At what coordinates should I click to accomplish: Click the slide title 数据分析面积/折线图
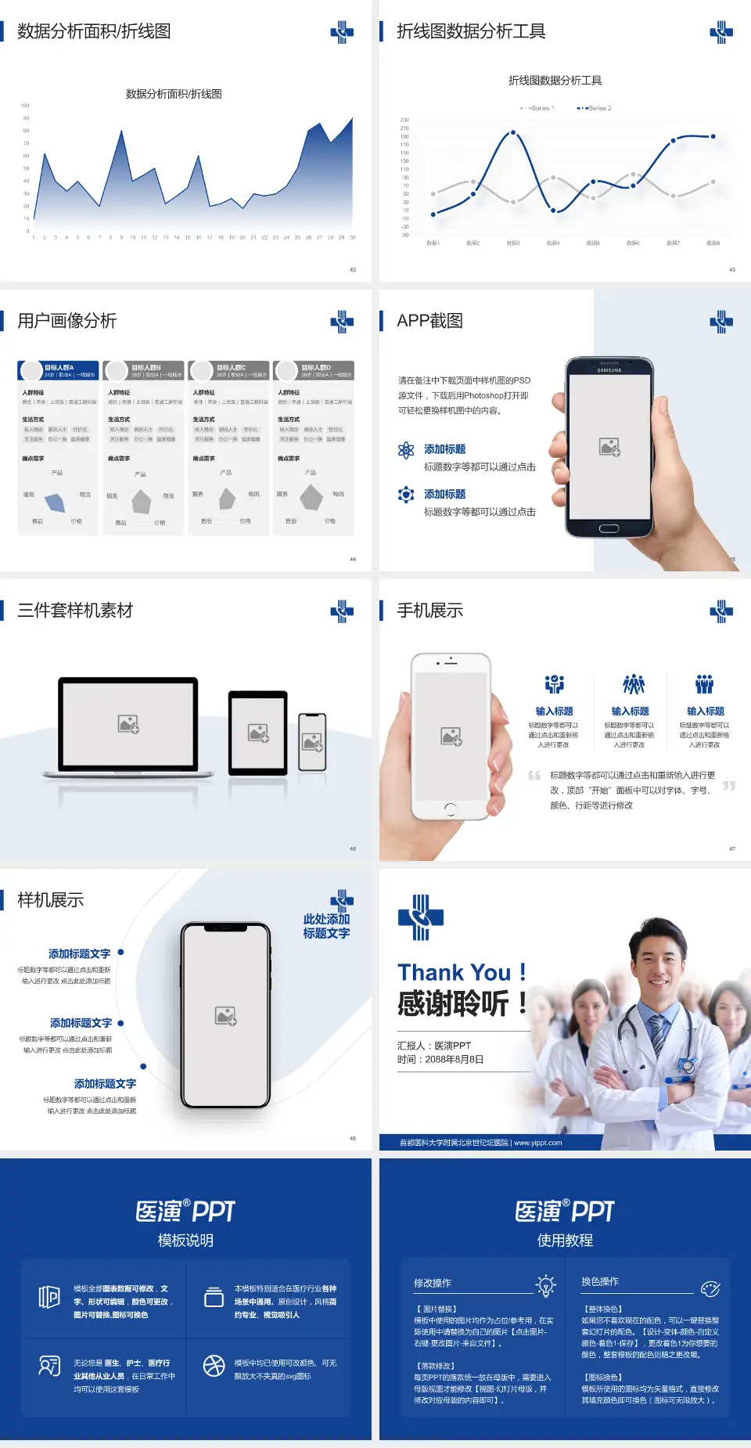[x=94, y=31]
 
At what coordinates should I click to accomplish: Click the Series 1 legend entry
[x=537, y=108]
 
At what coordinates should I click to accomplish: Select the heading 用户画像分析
[x=67, y=321]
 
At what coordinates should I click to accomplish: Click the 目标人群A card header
[x=59, y=370]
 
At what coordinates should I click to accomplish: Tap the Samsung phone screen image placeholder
[x=609, y=447]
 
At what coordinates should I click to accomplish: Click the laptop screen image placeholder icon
[x=128, y=724]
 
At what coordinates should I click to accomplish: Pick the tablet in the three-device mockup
[x=258, y=733]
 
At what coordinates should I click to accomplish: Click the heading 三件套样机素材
[x=75, y=611]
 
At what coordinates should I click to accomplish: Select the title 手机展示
[x=429, y=611]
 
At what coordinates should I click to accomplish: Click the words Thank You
[x=454, y=973]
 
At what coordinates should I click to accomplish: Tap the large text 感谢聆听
[x=454, y=1003]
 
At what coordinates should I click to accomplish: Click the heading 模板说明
[x=185, y=1241]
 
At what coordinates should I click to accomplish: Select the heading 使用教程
[x=565, y=1241]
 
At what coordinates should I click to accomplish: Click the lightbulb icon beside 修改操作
[x=545, y=1285]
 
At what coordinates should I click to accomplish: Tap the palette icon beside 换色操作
[x=710, y=1288]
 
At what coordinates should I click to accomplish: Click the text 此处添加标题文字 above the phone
[x=326, y=926]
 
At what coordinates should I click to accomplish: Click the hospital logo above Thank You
[x=421, y=917]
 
